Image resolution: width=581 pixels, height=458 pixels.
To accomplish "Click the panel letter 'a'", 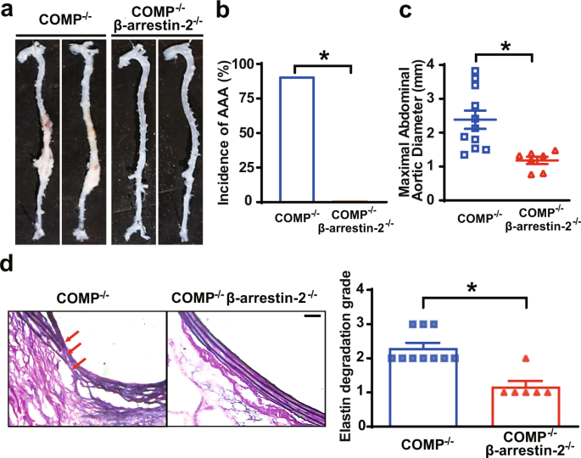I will point(8,10).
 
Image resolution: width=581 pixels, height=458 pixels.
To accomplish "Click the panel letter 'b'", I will point(223,10).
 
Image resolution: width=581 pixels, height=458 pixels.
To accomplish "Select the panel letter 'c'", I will point(383,10).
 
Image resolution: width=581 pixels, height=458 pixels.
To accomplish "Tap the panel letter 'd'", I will point(8,264).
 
